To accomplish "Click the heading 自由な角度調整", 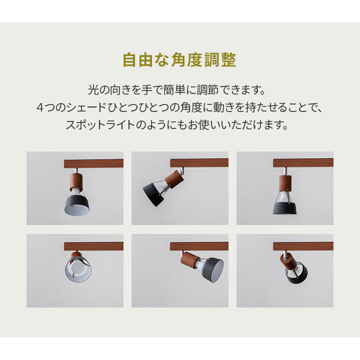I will (x=179, y=60).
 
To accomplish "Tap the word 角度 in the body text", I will (x=206, y=107).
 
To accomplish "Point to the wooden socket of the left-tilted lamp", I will (x=174, y=178).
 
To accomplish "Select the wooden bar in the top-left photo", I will (x=93, y=163).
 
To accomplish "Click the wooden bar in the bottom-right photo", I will (x=303, y=246).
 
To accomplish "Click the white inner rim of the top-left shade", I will (x=77, y=210).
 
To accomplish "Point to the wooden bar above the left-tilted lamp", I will (x=199, y=162).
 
